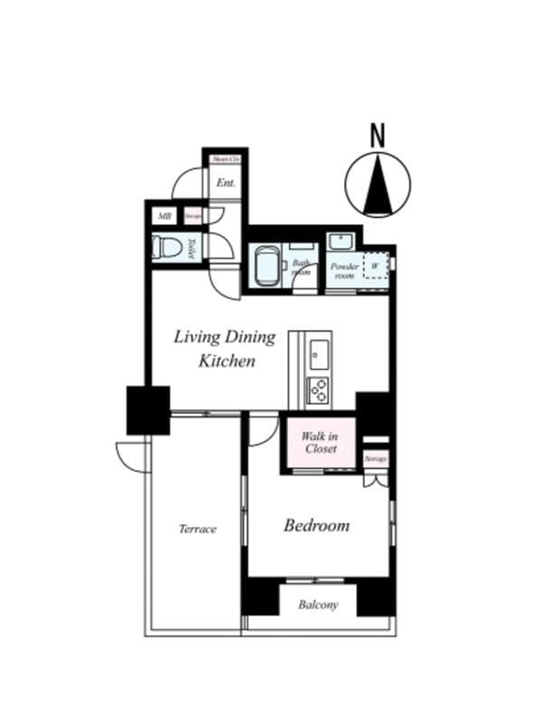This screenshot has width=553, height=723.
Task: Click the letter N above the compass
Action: coord(378,135)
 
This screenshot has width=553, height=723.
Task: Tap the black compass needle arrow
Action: coord(378,183)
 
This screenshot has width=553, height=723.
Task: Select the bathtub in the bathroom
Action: coord(266,265)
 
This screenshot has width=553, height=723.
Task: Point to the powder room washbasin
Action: coord(341,241)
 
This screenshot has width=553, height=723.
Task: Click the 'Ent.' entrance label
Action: coord(225,182)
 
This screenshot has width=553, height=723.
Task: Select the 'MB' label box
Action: coord(165,216)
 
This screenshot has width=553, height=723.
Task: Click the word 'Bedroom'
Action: coord(316,525)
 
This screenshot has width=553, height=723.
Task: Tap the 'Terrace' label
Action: coord(197,529)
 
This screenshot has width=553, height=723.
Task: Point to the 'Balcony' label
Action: coord(318,605)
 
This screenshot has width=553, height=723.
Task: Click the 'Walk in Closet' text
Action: coord(321,443)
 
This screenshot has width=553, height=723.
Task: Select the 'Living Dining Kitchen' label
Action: coord(225,349)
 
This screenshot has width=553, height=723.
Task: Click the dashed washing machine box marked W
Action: coord(376,268)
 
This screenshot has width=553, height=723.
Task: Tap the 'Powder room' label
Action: coord(343,271)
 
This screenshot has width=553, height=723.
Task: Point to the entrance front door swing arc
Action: coord(187,183)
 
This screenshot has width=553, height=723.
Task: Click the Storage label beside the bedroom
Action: coord(375,459)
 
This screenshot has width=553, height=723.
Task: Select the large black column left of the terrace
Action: coord(147,409)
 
